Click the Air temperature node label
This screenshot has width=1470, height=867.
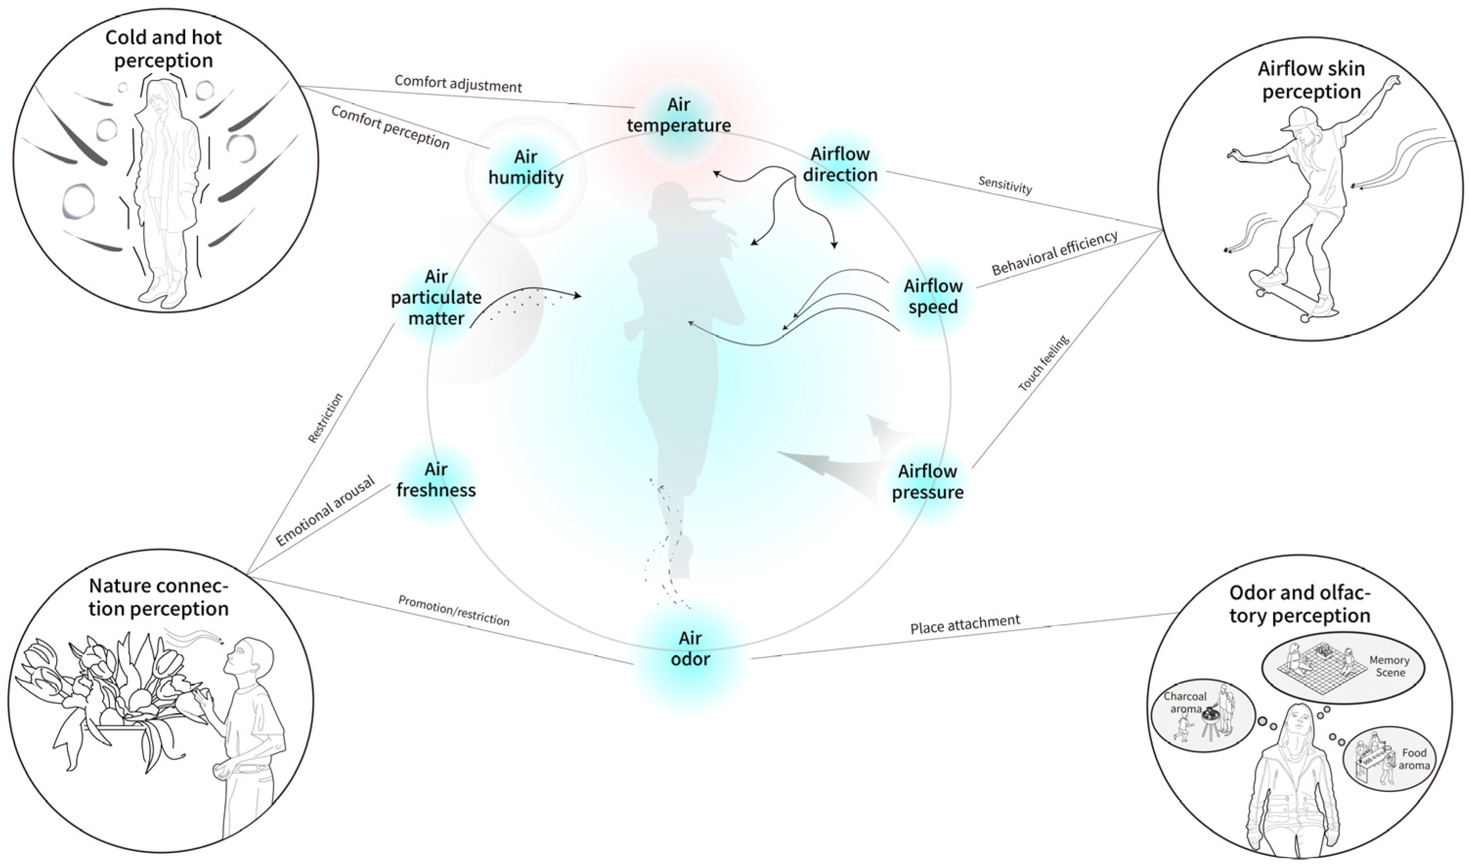click(679, 115)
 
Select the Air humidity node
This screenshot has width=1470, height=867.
click(526, 167)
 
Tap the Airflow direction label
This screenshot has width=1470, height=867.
click(840, 165)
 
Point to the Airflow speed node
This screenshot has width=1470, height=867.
click(933, 296)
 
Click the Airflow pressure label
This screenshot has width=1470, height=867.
click(928, 481)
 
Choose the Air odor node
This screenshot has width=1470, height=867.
click(690, 648)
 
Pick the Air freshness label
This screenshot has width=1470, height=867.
click(436, 480)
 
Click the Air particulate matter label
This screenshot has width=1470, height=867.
click(436, 297)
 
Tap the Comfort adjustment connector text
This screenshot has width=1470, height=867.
click(458, 83)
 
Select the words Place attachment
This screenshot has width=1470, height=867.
click(965, 624)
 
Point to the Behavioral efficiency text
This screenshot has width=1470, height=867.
click(1055, 253)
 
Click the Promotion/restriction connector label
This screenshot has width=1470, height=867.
click(453, 611)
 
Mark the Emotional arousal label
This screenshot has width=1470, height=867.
click(325, 511)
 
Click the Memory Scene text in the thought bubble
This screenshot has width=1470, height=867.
click(1389, 666)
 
